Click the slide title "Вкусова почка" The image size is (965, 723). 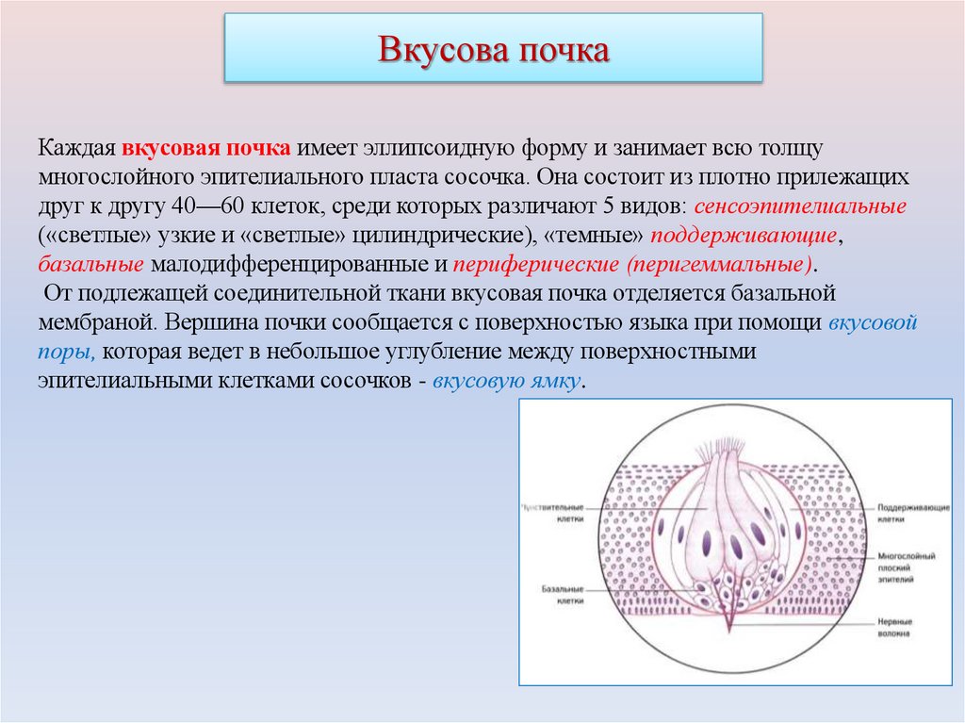tap(493, 49)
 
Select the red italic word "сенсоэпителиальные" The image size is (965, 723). tap(800, 205)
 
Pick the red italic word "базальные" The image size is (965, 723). tap(91, 263)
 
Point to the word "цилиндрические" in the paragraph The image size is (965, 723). tap(466, 234)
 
